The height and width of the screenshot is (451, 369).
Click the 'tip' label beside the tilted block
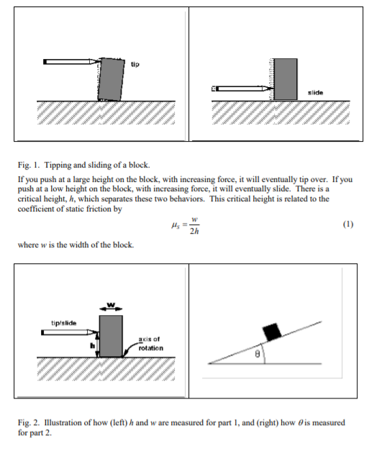coord(135,64)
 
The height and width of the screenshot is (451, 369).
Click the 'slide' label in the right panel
coord(316,93)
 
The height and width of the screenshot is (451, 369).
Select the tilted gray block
coord(111,79)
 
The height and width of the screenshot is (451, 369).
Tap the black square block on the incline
coord(272,332)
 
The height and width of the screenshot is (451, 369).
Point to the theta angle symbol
coord(258,355)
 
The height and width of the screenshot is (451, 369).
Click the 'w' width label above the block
coord(111,304)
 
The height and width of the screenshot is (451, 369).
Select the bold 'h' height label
coord(92,345)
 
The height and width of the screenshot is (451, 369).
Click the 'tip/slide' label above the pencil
coord(64,323)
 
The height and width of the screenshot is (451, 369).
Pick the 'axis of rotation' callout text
coord(151,344)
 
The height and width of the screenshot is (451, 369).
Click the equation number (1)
coord(348,224)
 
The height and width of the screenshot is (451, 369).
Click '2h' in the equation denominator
coord(194,231)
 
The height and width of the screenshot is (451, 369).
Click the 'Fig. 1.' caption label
coord(28,165)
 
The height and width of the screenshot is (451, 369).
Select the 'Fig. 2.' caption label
coord(29,423)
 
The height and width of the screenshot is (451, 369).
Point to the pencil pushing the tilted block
coord(72,62)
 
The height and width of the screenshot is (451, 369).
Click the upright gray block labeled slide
coord(286,79)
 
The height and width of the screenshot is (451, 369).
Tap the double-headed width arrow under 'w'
coord(111,309)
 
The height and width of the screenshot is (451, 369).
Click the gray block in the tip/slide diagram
coord(111,336)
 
